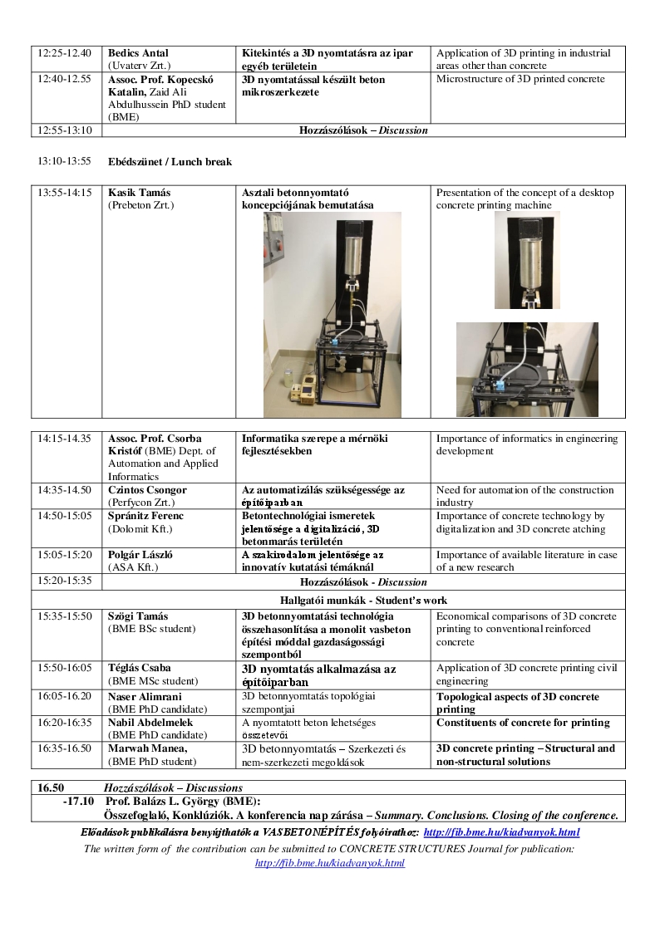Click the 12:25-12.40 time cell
65,53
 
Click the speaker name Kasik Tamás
139,193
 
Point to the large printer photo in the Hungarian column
332,314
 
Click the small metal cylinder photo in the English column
527,261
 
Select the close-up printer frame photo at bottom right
527,369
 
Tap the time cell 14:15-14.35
65,439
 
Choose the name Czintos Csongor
147,490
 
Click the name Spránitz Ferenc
145,516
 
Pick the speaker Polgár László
141,555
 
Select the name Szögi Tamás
138,616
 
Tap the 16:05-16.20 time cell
65,697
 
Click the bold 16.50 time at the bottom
51,787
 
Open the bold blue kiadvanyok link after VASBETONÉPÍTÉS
501,832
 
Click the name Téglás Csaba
140,668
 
